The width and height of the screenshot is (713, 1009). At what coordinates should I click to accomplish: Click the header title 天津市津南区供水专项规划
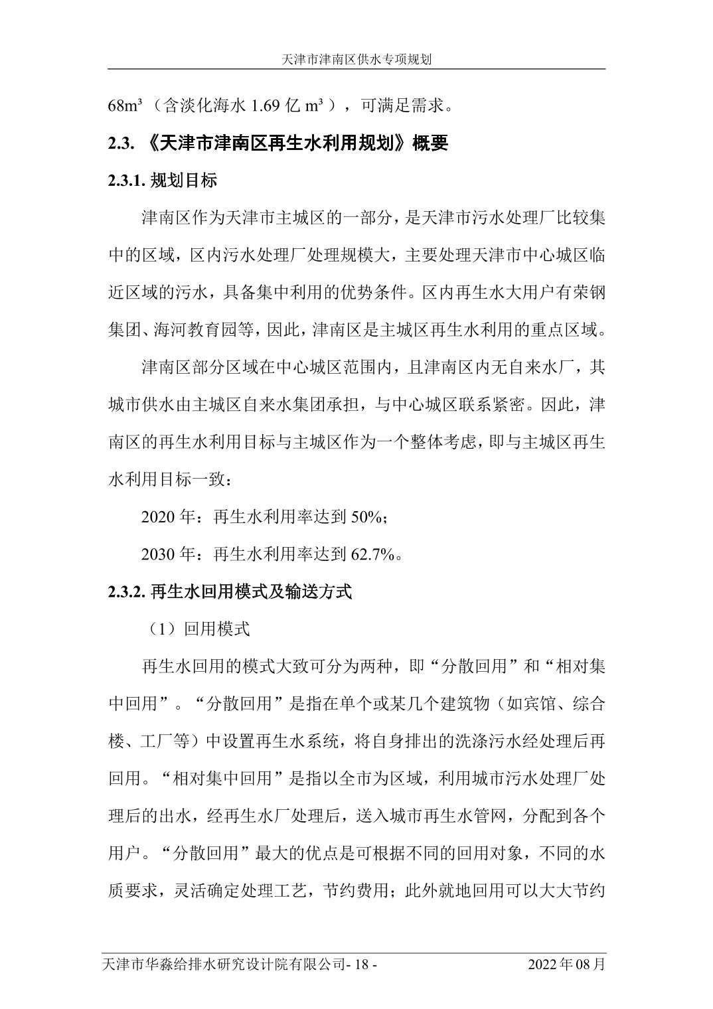[x=356, y=59]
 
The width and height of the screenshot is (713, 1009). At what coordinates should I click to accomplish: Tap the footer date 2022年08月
[x=566, y=964]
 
